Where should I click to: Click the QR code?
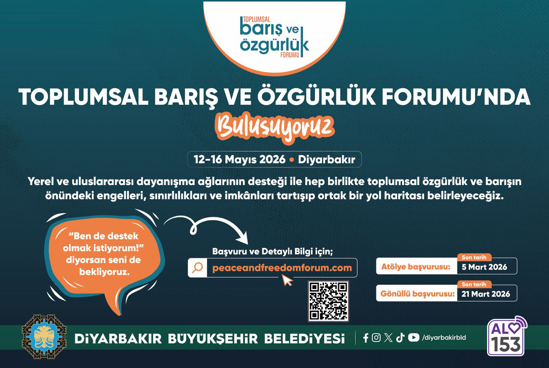(x=328, y=301)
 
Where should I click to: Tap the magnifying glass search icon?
(x=198, y=268)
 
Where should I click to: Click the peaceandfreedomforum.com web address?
(x=282, y=268)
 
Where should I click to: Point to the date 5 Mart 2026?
(x=484, y=267)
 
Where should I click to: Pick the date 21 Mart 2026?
(x=486, y=294)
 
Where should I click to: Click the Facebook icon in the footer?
(x=366, y=338)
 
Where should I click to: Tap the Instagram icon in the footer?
(x=376, y=338)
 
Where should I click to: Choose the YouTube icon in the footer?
(x=413, y=338)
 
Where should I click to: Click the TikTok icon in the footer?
(x=400, y=338)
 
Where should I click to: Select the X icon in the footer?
(x=388, y=338)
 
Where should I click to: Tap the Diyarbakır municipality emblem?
(x=44, y=337)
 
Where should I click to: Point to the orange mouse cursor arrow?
(x=287, y=280)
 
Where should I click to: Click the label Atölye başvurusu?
(x=416, y=267)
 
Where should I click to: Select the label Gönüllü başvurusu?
(x=417, y=294)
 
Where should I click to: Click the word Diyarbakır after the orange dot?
(x=326, y=160)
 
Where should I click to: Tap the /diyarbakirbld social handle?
(x=444, y=338)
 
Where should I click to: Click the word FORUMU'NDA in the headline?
(x=456, y=97)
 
